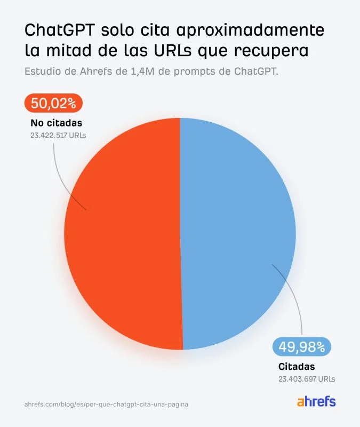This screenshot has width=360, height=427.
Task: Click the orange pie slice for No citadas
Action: pos(123,235)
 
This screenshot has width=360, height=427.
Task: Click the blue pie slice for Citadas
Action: pos(237,235)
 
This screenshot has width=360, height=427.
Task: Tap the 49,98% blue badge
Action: pos(302,347)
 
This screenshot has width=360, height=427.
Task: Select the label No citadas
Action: pos(57,123)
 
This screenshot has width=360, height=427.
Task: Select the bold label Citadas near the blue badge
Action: pos(297,367)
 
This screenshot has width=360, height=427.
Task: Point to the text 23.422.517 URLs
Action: pos(58,136)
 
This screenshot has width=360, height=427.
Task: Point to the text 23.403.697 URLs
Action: pos(307,379)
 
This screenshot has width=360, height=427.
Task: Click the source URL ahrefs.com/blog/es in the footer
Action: pos(107,405)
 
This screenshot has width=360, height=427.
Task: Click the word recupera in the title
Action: pos(279,51)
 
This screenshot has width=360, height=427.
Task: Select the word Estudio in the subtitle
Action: pos(42,72)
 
